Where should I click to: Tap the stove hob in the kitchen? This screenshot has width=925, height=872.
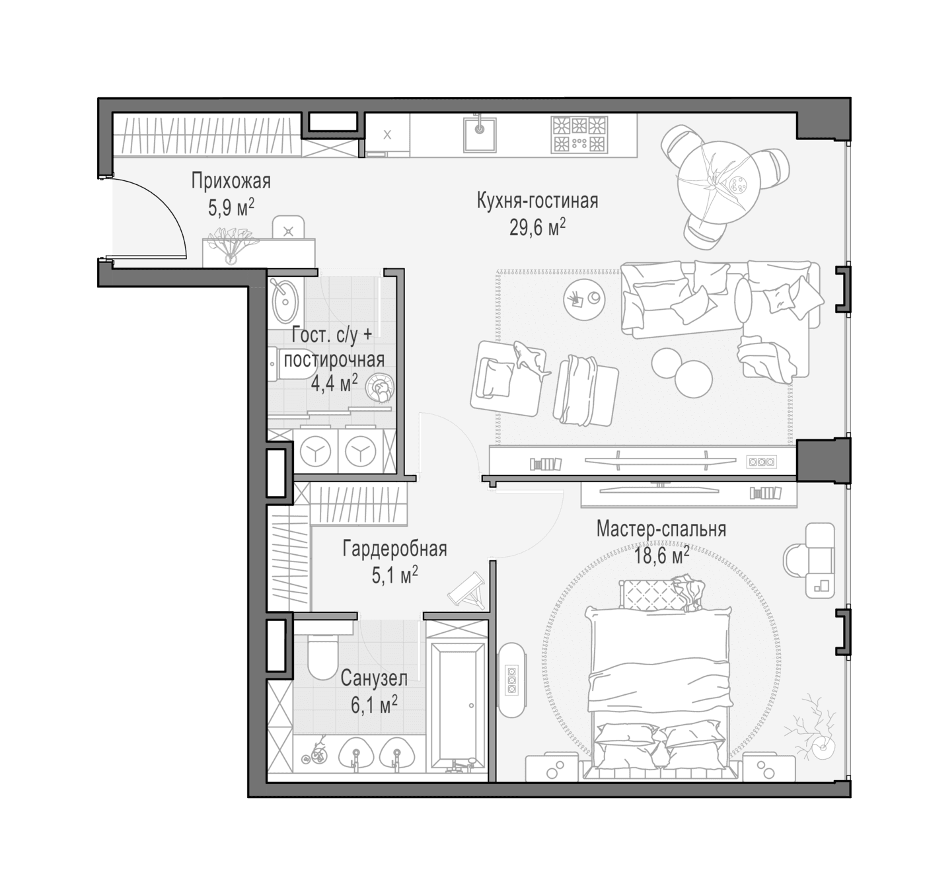click(x=579, y=134)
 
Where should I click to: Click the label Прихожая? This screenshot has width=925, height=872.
click(x=231, y=182)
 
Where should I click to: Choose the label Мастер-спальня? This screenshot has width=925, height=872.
click(x=661, y=529)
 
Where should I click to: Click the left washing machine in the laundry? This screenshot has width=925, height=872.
click(x=316, y=451)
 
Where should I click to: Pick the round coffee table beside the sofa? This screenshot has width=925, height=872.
click(x=585, y=301)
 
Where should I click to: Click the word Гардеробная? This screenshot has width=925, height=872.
click(x=395, y=549)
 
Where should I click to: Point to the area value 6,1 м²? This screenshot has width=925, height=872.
click(x=375, y=706)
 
